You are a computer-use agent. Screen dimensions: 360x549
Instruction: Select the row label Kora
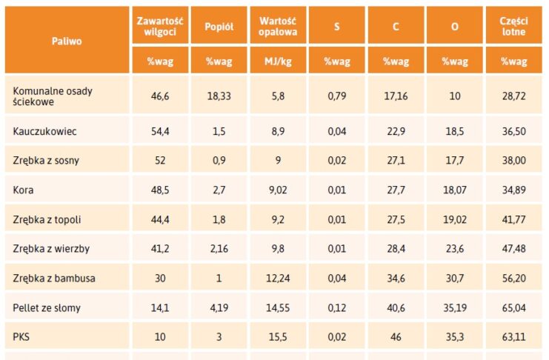click(24, 190)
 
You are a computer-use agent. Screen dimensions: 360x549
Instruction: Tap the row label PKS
click(22, 336)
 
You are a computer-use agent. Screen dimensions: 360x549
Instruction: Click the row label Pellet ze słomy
click(47, 307)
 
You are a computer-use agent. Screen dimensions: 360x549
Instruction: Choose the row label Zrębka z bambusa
click(54, 278)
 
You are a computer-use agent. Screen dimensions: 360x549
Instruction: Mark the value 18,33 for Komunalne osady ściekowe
click(219, 97)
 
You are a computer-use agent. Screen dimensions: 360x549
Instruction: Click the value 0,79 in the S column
click(337, 97)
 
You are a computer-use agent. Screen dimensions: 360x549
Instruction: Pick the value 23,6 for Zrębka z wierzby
click(454, 248)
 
